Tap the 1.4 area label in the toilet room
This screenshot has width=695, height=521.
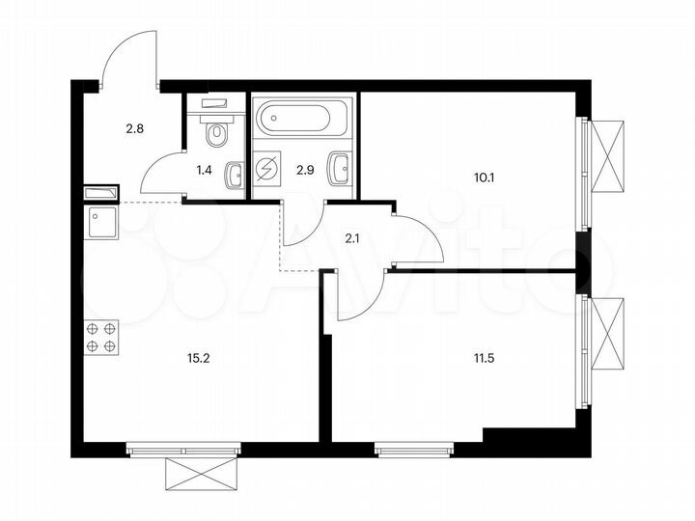(204, 170)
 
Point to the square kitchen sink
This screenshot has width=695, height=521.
(100, 223)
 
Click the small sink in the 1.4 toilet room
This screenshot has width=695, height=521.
(234, 175)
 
